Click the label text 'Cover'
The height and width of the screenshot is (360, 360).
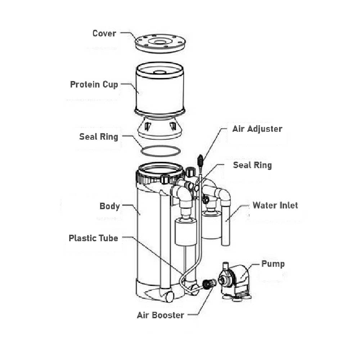click(104, 33)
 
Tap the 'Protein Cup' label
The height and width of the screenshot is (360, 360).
click(94, 85)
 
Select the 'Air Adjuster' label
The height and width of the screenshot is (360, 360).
click(257, 129)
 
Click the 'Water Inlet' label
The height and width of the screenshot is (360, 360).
click(275, 206)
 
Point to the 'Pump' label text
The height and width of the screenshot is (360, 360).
click(273, 264)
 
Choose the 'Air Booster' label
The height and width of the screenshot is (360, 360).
click(160, 315)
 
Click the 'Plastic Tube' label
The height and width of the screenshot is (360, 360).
click(93, 238)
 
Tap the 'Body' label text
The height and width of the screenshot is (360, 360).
click(109, 206)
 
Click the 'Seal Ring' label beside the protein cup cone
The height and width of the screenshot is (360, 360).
click(99, 137)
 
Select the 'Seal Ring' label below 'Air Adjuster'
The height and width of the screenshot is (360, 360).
click(252, 165)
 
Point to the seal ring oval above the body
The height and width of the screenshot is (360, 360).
click(159, 151)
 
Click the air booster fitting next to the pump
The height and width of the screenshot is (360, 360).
click(208, 284)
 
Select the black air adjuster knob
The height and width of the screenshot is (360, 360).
click(200, 159)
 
